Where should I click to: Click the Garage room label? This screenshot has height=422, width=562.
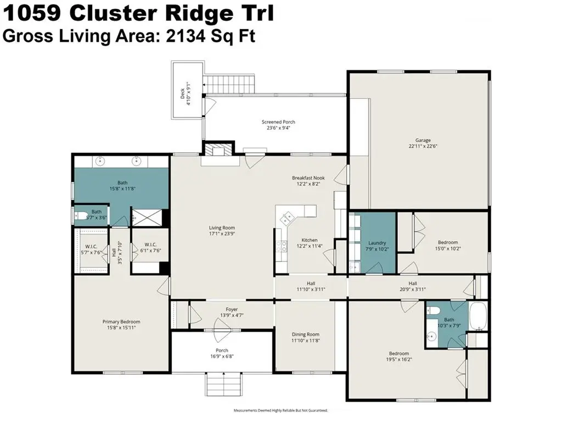click(423, 140)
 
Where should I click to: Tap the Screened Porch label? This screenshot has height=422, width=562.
click(278, 122)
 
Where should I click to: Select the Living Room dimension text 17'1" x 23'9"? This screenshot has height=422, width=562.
click(222, 234)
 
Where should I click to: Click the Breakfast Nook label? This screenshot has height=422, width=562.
click(308, 178)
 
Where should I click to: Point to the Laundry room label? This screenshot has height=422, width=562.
click(377, 243)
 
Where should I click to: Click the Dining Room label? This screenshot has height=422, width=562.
click(305, 335)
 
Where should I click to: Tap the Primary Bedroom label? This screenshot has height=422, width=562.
click(121, 322)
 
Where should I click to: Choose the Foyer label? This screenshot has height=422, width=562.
click(232, 309)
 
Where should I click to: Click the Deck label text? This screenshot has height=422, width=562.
click(182, 93)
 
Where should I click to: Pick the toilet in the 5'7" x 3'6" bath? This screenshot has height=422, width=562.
click(81, 216)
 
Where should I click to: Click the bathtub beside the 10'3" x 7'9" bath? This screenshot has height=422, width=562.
click(478, 316)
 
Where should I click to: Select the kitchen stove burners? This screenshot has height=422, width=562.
click(282, 246)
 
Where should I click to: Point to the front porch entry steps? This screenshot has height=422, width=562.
click(224, 384)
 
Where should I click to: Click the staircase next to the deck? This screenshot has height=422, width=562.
click(229, 84)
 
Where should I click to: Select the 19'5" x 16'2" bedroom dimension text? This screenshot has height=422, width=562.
click(399, 359)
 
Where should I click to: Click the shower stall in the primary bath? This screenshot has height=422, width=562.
click(147, 217)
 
